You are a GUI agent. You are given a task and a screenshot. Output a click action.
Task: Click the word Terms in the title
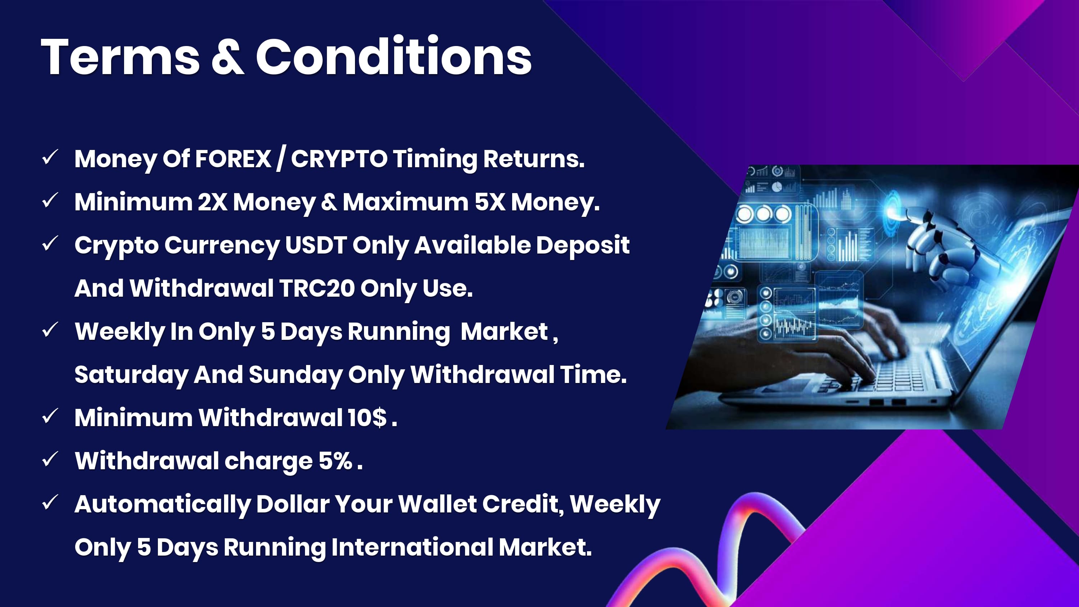120,56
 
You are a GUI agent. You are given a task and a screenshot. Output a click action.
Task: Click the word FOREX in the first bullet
233,159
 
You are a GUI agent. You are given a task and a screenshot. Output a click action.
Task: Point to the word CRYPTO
339,159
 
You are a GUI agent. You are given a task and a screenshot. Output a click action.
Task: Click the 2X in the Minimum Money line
212,202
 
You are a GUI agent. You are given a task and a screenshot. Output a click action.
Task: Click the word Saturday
131,375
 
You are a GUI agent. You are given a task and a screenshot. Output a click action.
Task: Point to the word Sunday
296,375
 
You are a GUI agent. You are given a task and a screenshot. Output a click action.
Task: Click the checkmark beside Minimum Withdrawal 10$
50,417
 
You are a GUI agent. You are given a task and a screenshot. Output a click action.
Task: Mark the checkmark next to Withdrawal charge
50,460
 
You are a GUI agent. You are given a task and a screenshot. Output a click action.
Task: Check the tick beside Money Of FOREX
50,158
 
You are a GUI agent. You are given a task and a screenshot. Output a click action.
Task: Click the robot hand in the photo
938,247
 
